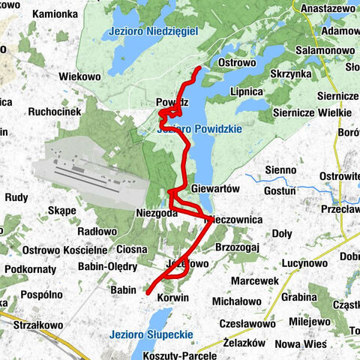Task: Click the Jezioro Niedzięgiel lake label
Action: [152, 31]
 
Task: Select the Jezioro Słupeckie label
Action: [151, 334]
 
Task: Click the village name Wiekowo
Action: [80, 76]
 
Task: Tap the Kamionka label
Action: [55, 14]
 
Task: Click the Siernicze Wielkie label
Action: [312, 112]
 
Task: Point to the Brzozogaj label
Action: [237, 247]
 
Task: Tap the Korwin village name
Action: [172, 298]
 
